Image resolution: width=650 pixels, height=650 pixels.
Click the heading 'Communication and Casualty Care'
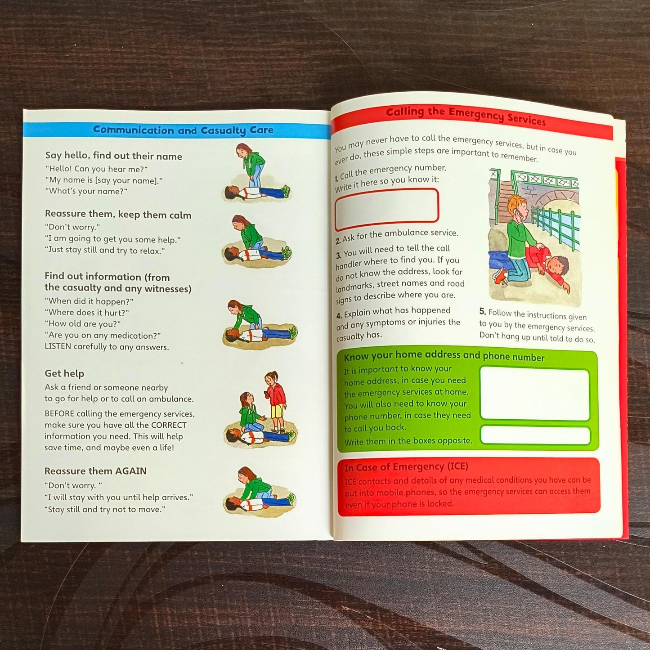coord(183,130)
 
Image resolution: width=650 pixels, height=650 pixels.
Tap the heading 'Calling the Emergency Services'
coord(466,116)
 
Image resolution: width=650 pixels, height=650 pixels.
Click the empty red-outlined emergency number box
coord(386,207)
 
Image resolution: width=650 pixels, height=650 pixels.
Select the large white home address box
coord(534,394)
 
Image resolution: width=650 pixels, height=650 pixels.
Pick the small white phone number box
coord(535,435)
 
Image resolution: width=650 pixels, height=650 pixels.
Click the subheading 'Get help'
coord(64,373)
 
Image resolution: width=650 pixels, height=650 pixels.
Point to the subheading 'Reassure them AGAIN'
coord(95,471)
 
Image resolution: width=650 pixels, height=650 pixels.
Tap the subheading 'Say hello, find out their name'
coord(113,156)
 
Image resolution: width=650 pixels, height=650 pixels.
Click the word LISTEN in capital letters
coord(58,347)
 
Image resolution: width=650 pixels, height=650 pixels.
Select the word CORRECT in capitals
coord(169,425)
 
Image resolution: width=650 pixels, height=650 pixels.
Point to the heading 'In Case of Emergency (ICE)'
coord(406,467)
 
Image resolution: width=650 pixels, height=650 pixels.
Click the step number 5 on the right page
coord(482,311)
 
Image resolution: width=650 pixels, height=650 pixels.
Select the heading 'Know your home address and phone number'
coord(444,356)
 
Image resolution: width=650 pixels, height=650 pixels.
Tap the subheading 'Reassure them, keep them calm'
coord(118,215)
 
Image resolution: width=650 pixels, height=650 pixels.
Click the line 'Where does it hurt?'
coord(87,313)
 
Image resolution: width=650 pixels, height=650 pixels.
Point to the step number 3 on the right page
coord(338,256)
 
